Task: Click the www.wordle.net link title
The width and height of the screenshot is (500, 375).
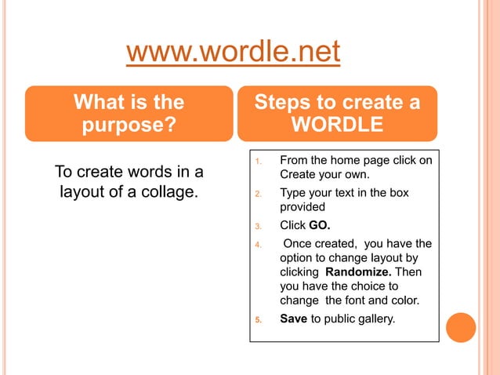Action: click(x=233, y=53)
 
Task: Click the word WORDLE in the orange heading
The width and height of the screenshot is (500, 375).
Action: click(x=337, y=126)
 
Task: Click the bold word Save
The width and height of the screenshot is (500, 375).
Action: click(x=294, y=319)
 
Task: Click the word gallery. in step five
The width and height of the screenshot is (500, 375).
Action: click(x=374, y=319)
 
